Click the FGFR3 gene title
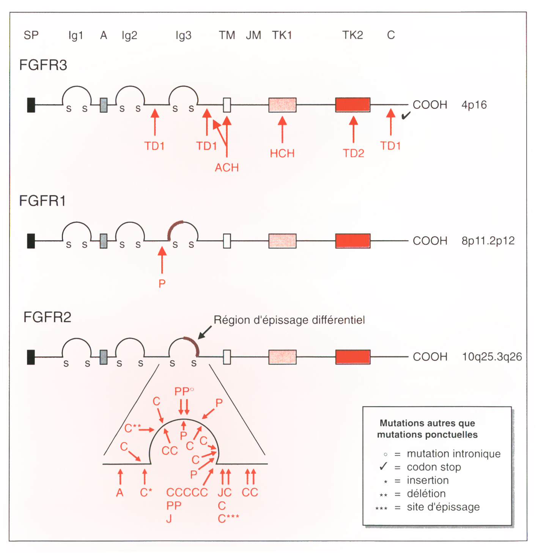tap(43, 65)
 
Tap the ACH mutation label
tap(227, 168)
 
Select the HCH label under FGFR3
tap(282, 153)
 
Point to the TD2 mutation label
tap(354, 153)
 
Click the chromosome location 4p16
tap(474, 105)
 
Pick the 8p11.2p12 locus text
tap(488, 241)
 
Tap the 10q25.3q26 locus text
tap(492, 357)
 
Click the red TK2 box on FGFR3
tap(353, 105)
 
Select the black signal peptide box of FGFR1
tap(31, 241)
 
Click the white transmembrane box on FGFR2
tap(227, 357)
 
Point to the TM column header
tap(227, 35)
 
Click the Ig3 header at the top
tap(184, 36)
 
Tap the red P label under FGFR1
tap(162, 284)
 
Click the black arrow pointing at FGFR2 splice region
tap(205, 332)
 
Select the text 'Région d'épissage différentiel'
tap(289, 320)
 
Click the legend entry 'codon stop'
tap(434, 467)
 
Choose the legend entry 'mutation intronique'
tap(453, 454)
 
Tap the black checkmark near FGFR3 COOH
tap(406, 115)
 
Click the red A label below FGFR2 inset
tap(120, 493)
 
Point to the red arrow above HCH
tap(282, 129)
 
